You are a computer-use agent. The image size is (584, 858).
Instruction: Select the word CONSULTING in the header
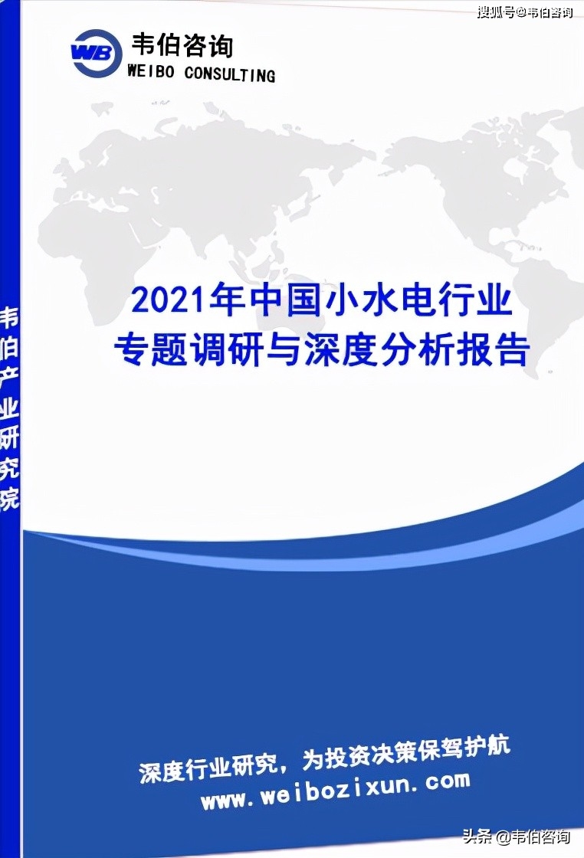[230, 74]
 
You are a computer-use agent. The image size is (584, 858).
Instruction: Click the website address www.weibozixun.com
[336, 790]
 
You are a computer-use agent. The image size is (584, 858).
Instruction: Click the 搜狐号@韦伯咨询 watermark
[525, 11]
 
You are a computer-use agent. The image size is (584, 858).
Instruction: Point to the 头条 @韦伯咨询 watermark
[516, 836]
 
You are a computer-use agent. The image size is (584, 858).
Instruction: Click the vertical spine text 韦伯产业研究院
[9, 408]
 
